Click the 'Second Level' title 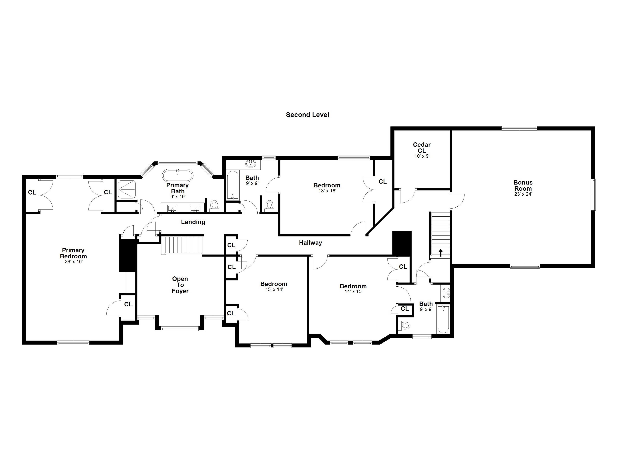(x=307, y=115)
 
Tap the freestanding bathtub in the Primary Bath (x=178, y=176)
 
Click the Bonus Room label (x=523, y=185)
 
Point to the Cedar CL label (x=422, y=148)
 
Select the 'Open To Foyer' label (x=180, y=285)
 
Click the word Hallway (x=310, y=243)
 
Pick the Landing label (x=193, y=222)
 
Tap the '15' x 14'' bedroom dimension (x=274, y=289)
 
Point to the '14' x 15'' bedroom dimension (x=353, y=292)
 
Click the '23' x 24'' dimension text (x=523, y=194)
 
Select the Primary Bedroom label (x=73, y=253)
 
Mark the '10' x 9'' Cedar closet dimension (x=422, y=156)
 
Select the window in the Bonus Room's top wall (x=519, y=128)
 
